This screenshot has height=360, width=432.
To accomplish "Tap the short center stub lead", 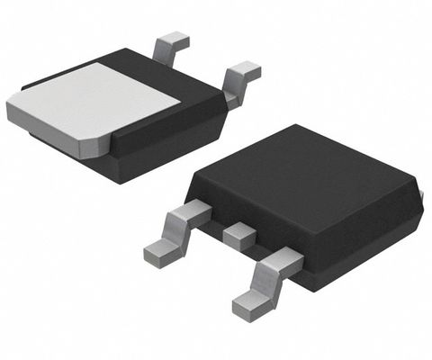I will pos(239,236).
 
